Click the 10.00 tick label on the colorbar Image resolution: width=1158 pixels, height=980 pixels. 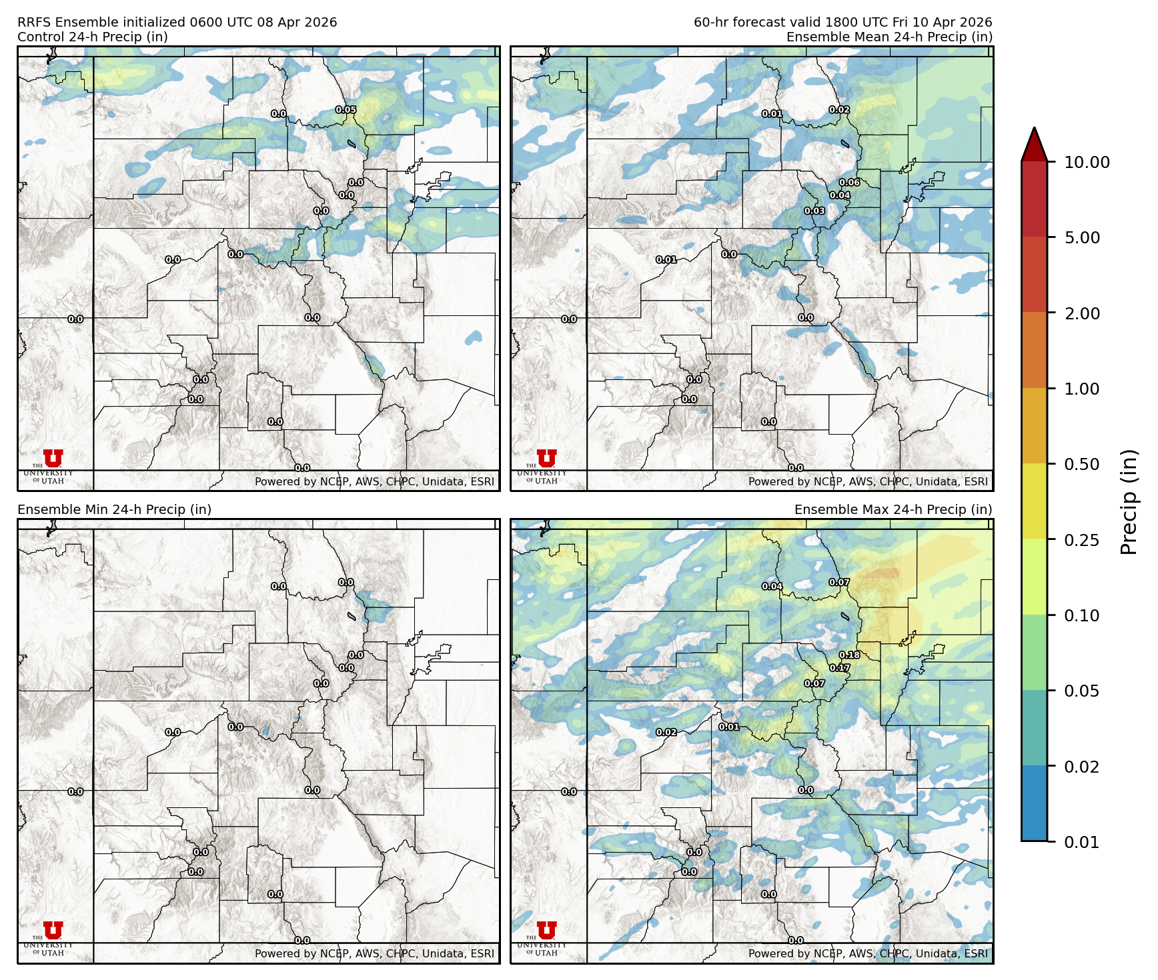click(1087, 162)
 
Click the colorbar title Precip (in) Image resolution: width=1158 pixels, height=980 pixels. click(1129, 502)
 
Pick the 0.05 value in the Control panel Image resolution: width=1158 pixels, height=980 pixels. click(346, 110)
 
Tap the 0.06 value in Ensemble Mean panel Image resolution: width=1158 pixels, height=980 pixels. click(849, 183)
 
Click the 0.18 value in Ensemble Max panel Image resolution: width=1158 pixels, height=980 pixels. click(849, 655)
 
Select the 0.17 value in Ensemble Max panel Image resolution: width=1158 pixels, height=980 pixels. click(840, 668)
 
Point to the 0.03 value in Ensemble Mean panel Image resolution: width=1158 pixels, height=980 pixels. click(814, 211)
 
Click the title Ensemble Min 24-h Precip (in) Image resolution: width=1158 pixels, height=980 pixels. click(114, 509)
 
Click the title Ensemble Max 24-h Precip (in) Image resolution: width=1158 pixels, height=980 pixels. click(893, 509)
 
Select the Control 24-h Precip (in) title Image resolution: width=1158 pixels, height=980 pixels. click(93, 37)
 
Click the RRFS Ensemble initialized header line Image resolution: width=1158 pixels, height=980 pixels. click(177, 22)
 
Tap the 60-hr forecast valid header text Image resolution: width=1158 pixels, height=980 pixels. click(842, 22)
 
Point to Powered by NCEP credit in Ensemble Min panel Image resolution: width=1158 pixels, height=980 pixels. click(374, 953)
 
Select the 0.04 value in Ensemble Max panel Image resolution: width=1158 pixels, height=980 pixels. click(772, 587)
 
